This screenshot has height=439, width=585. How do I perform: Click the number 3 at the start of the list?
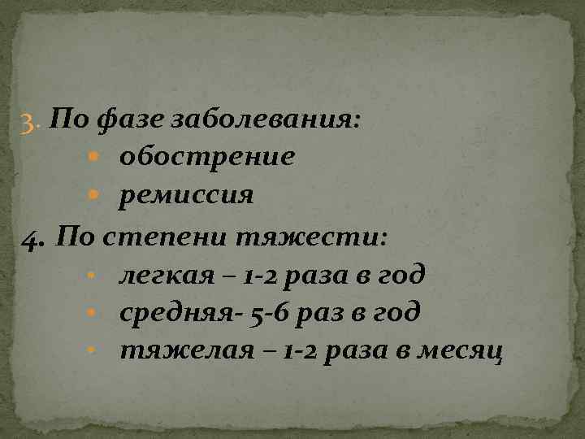coord(28,124)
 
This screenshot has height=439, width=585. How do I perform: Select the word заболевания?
coord(265,121)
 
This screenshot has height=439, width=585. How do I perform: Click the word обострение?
coord(206,156)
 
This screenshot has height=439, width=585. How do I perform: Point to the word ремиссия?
coord(187,195)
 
